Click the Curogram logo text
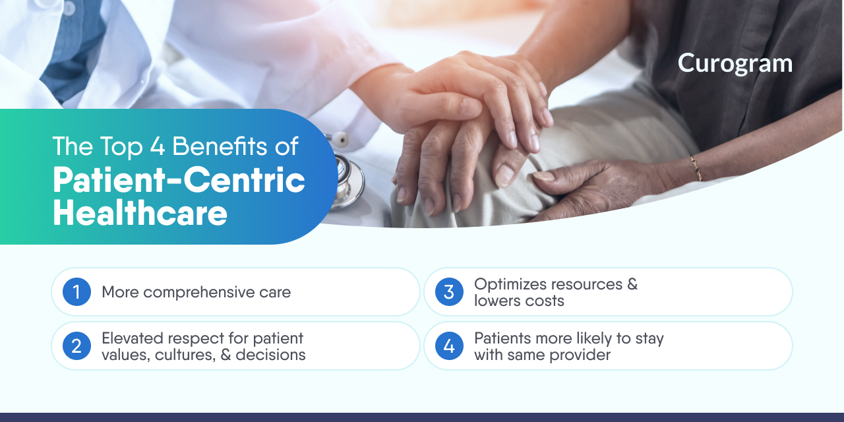tap(735, 63)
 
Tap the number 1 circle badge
tap(76, 291)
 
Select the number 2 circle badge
tap(76, 346)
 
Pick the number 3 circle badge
tap(449, 291)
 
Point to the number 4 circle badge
tap(449, 346)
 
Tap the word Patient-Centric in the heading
tap(179, 181)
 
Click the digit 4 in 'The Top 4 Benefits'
tap(157, 146)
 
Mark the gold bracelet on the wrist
tap(695, 167)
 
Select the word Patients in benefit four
tap(501, 338)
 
